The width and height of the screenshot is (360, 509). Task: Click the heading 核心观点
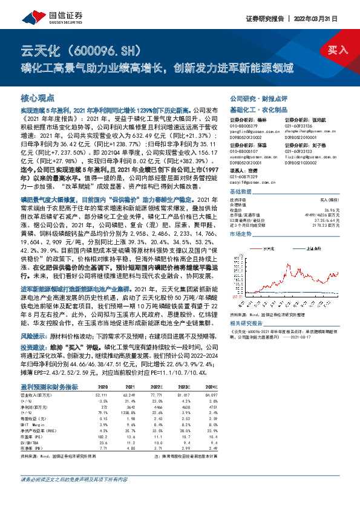[x=38, y=98]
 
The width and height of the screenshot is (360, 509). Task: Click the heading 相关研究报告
[x=247, y=324]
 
